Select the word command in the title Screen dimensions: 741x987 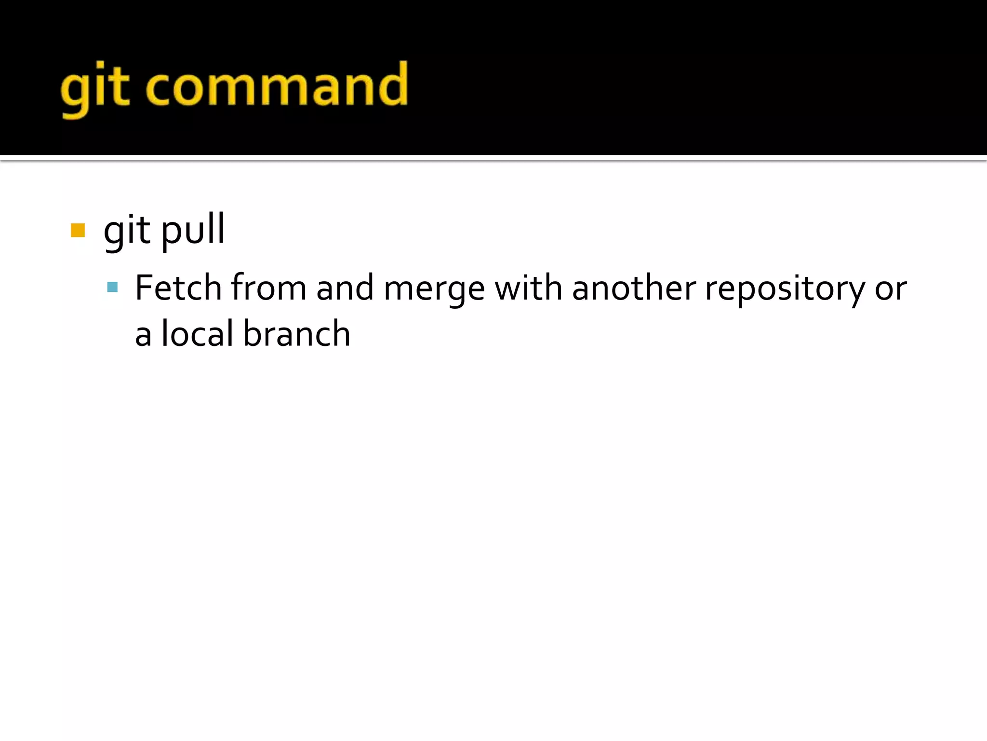(x=277, y=86)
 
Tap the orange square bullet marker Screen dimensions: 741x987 (x=78, y=230)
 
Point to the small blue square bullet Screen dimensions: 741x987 (x=112, y=288)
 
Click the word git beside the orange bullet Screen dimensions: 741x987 (x=127, y=231)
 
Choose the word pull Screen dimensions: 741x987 (x=193, y=231)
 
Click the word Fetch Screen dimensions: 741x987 (x=178, y=288)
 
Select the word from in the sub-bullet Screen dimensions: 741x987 (x=268, y=288)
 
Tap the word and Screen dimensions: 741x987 (x=345, y=288)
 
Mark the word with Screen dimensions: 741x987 (x=528, y=288)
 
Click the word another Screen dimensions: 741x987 (x=634, y=288)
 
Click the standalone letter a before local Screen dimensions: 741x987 (x=143, y=335)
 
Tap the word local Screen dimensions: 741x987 (x=198, y=334)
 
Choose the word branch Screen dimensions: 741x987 (x=296, y=334)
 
